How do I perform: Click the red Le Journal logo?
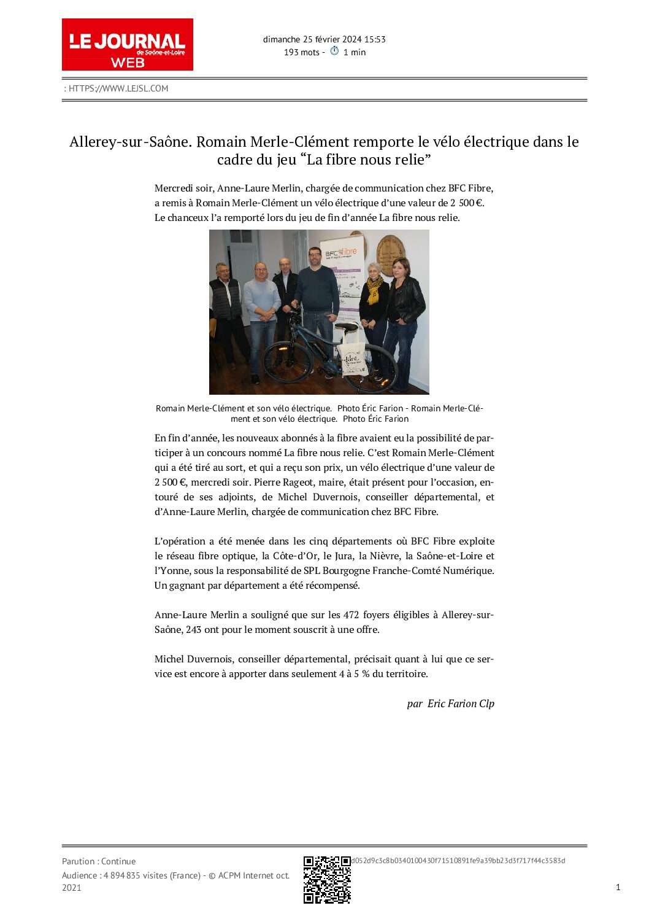click(127, 44)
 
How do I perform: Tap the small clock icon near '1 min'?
click(334, 51)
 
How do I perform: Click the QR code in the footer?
click(327, 879)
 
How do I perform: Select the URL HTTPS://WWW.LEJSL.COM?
click(118, 88)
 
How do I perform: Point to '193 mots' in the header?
click(301, 52)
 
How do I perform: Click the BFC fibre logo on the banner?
click(340, 252)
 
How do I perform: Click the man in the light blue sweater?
click(262, 307)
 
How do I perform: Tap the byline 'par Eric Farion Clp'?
click(450, 704)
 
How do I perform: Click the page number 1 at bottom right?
click(618, 886)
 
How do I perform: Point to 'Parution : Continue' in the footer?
click(99, 861)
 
